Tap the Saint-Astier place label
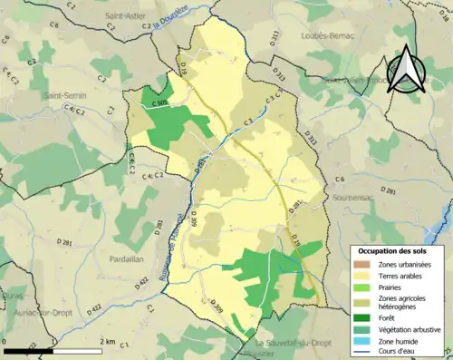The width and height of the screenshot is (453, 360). pos(128,16)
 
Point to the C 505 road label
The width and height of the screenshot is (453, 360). pos(159,104)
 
